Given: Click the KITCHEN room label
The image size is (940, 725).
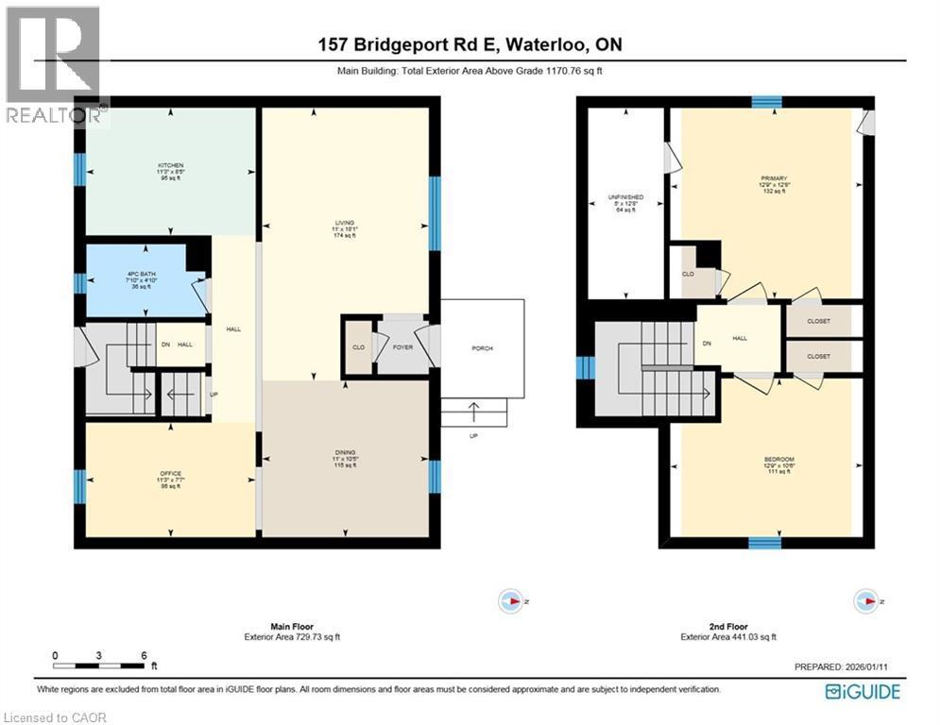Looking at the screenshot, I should [170, 165].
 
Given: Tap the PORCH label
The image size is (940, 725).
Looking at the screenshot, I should [482, 348].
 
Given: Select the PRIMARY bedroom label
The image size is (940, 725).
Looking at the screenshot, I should [773, 177].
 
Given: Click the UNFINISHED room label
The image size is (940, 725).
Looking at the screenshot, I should [625, 197].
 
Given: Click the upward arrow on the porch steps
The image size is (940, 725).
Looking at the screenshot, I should [473, 411].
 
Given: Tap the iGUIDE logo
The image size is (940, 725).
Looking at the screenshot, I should [862, 692].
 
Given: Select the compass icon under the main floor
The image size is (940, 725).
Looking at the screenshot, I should [510, 600].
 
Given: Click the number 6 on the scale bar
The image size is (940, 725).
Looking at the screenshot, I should [143, 655].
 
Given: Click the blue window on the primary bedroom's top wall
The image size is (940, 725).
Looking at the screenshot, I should [766, 102].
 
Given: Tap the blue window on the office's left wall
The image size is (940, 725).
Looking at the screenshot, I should [79, 485].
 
